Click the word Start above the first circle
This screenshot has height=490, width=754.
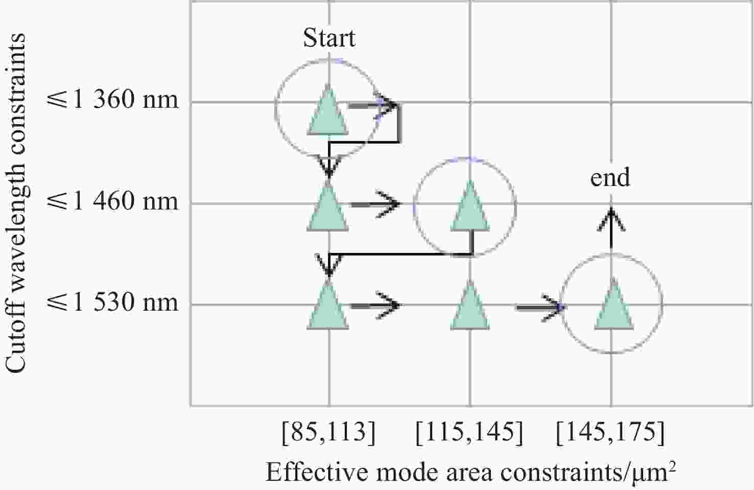click(329, 38)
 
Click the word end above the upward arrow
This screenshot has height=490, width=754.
click(610, 178)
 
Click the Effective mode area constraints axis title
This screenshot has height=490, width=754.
click(470, 472)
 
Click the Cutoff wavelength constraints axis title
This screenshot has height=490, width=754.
click(16, 203)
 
